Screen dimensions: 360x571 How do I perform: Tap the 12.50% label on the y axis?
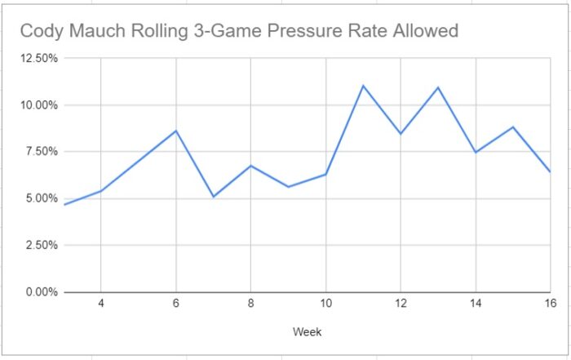point(36,59)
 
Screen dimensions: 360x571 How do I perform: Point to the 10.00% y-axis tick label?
point(36,105)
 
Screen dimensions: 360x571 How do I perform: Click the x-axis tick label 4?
point(100,304)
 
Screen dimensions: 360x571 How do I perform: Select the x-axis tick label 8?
point(250,304)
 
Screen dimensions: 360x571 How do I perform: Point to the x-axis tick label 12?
point(401,304)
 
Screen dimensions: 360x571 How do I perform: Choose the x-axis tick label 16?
point(550,304)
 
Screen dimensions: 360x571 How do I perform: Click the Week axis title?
point(307,332)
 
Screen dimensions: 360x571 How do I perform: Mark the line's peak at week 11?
point(363,86)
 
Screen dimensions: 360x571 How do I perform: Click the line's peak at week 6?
point(175,131)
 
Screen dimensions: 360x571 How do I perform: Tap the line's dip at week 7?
point(213,197)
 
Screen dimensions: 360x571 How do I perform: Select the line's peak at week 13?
point(438,87)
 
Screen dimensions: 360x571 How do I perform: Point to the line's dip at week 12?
point(401,134)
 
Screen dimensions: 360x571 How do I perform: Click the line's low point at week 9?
point(288,187)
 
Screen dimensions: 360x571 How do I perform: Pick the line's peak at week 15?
point(513,127)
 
